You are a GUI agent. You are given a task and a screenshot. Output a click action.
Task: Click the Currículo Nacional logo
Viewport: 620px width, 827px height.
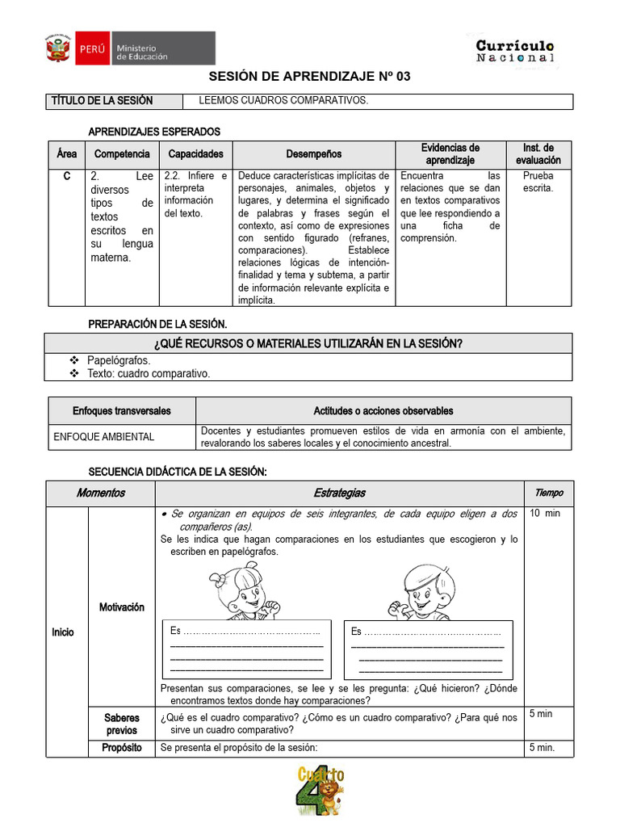pyautogui.click(x=514, y=52)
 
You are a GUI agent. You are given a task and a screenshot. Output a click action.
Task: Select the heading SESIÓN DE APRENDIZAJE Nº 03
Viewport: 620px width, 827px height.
pyautogui.click(x=310, y=77)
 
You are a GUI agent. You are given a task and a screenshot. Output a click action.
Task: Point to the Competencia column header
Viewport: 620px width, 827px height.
pyautogui.click(x=122, y=154)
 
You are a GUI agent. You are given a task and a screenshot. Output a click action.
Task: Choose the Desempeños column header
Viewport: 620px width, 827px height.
pyautogui.click(x=313, y=154)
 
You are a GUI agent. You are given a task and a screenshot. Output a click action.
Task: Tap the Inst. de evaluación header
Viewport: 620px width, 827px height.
pyautogui.click(x=538, y=154)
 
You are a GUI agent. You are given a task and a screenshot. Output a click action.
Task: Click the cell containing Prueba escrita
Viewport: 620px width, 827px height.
pyautogui.click(x=538, y=182)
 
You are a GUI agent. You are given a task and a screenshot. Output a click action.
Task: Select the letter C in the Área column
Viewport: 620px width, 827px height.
pyautogui.click(x=66, y=176)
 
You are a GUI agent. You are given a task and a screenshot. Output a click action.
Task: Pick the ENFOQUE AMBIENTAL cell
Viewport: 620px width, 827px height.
pyautogui.click(x=103, y=437)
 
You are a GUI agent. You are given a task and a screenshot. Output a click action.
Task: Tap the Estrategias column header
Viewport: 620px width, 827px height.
pyautogui.click(x=339, y=493)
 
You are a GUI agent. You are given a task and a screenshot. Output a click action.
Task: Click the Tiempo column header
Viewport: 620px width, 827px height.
pyautogui.click(x=549, y=493)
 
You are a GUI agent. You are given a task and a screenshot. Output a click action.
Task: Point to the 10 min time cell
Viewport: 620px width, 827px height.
pyautogui.click(x=544, y=514)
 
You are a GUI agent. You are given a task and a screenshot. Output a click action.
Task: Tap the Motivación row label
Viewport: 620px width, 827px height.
pyautogui.click(x=121, y=607)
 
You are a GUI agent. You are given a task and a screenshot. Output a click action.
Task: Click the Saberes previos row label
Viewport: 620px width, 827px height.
pyautogui.click(x=121, y=724)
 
